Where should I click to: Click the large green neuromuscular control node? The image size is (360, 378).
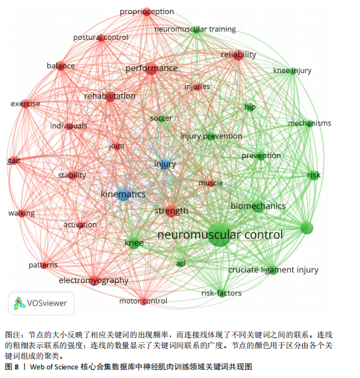pyautogui.click(x=219, y=235)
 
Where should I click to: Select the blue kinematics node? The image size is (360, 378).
pyautogui.click(x=124, y=195)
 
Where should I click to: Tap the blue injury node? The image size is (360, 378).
pyautogui.click(x=165, y=164)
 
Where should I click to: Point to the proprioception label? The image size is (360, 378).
pyautogui.click(x=147, y=11)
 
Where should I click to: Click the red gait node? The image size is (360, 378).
pyautogui.click(x=14, y=161)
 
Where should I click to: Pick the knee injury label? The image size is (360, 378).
pyautogui.click(x=292, y=70)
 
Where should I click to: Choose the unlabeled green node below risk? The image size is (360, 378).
pyautogui.click(x=307, y=228)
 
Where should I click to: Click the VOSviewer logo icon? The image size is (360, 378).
pyautogui.click(x=19, y=304)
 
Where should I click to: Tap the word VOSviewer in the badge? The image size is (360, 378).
pyautogui.click(x=47, y=304)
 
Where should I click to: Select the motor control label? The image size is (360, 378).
pyautogui.click(x=143, y=301)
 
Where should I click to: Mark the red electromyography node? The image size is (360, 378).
pyautogui.click(x=94, y=280)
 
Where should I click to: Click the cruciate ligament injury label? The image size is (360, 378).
pyautogui.click(x=273, y=270)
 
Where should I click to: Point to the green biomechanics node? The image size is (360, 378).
pyautogui.click(x=258, y=207)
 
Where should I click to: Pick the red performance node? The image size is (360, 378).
pyautogui.click(x=151, y=68)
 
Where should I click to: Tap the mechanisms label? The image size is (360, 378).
pyautogui.click(x=310, y=123)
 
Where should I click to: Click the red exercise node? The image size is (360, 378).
pyautogui.click(x=25, y=104)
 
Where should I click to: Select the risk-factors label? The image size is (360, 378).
pyautogui.click(x=221, y=293)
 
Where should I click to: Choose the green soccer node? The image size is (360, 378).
pyautogui.click(x=161, y=118)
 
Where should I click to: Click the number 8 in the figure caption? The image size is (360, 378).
pyautogui.click(x=17, y=367)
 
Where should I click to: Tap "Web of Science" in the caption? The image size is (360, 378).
pyautogui.click(x=54, y=367)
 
